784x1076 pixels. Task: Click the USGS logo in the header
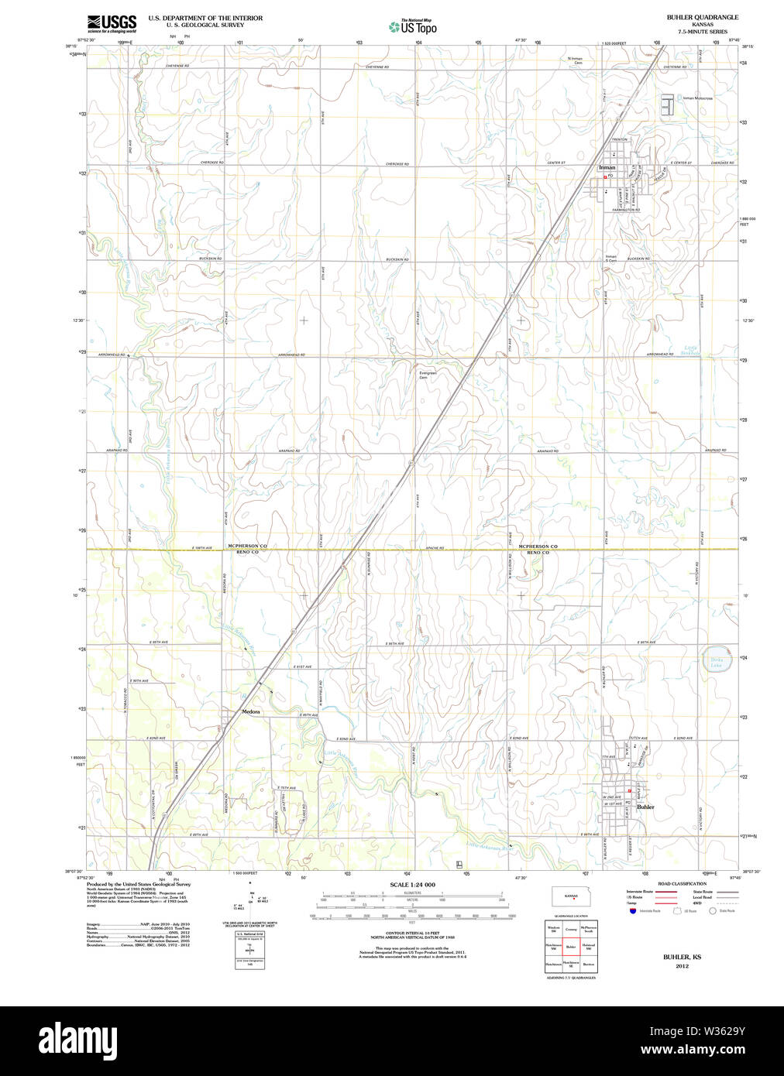112,22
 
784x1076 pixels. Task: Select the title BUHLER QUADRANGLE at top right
702,17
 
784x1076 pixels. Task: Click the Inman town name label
607,167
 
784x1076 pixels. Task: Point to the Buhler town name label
645,807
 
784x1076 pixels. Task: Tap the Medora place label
250,711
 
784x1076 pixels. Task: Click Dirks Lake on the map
717,663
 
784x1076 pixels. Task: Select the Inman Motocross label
697,98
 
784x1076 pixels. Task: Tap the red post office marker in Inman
605,176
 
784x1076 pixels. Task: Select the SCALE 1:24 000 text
412,885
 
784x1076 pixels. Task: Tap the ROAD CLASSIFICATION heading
682,884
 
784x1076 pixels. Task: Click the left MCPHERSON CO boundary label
247,546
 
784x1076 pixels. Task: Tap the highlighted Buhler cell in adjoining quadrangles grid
571,947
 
